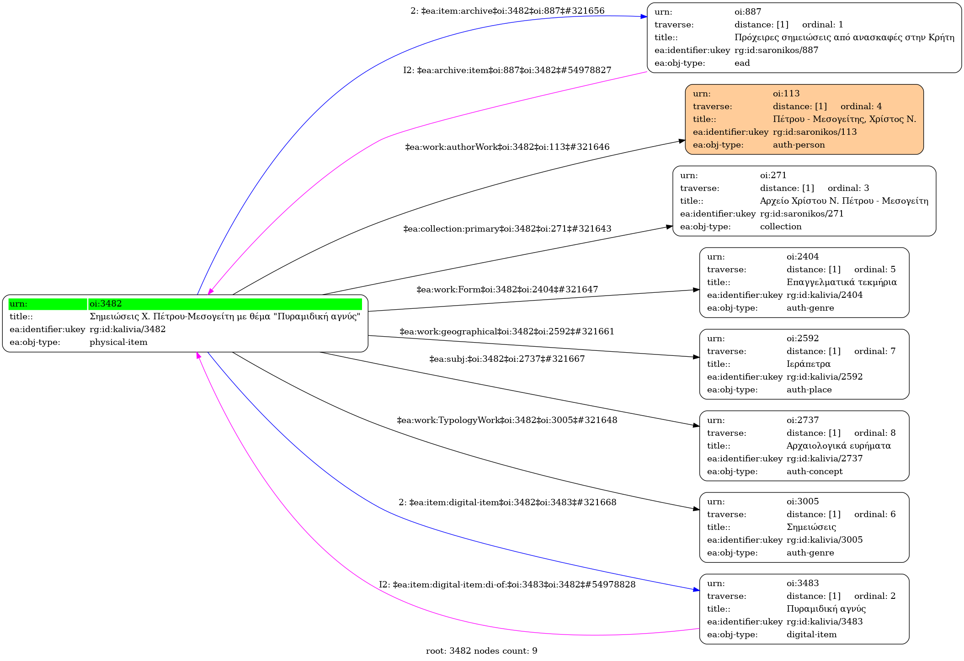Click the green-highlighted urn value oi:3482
click(x=106, y=304)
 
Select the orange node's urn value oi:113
click(x=786, y=94)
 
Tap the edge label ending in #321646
click(x=507, y=147)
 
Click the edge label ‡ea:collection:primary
click(x=507, y=229)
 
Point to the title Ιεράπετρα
click(x=808, y=364)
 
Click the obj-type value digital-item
click(x=811, y=635)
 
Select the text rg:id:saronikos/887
click(x=776, y=50)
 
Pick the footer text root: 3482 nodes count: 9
click(x=481, y=651)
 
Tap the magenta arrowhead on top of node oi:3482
click(x=210, y=291)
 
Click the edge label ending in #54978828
click(x=507, y=585)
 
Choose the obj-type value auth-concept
click(x=814, y=471)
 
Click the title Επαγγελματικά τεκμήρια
click(x=842, y=282)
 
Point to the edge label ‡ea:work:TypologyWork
click(x=507, y=420)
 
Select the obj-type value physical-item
click(x=118, y=342)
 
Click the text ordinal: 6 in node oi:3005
click(x=874, y=514)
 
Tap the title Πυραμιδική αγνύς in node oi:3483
click(x=826, y=609)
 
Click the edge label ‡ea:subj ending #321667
click(x=507, y=359)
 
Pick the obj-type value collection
click(x=780, y=227)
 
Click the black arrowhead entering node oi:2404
click(x=696, y=290)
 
